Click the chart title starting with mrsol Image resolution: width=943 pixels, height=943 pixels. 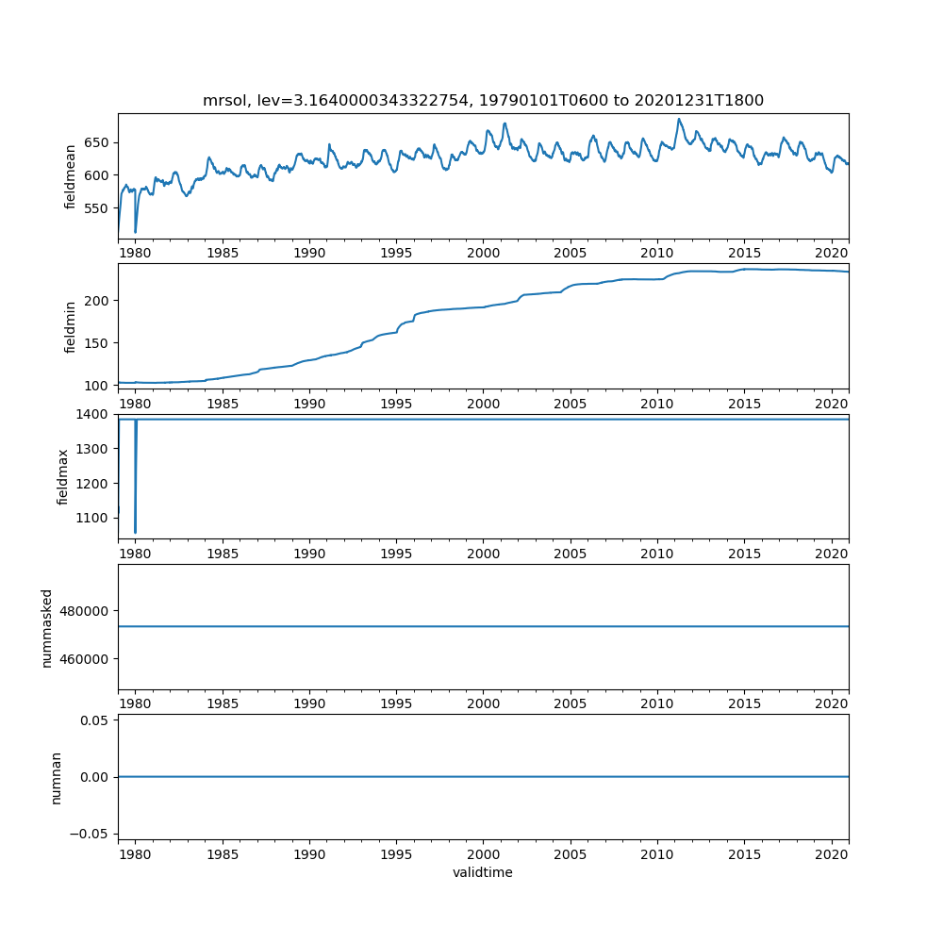click(x=483, y=100)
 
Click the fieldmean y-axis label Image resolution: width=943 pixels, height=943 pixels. click(x=70, y=176)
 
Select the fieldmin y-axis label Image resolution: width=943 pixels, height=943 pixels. click(x=70, y=326)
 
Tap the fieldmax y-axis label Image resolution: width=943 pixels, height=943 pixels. click(x=63, y=476)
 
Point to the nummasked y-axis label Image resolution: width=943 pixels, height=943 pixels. click(x=46, y=627)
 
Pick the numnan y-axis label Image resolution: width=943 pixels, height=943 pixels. click(x=56, y=777)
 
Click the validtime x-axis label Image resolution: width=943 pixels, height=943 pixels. click(x=483, y=872)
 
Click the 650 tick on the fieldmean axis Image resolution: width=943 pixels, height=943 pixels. click(x=98, y=142)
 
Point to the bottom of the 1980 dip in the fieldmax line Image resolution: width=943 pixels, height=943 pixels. click(x=135, y=533)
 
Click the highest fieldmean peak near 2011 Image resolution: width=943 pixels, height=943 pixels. click(x=678, y=119)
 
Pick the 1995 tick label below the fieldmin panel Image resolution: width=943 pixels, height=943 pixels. click(x=396, y=404)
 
